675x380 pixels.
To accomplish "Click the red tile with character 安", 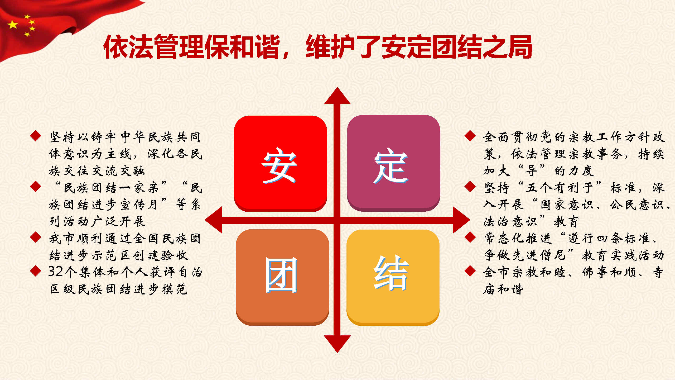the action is pyautogui.click(x=281, y=163).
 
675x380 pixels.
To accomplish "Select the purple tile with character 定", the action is pyautogui.click(x=394, y=163).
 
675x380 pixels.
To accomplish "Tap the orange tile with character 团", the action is pyautogui.click(x=282, y=277).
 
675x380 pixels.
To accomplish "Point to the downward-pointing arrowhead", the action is pyautogui.click(x=337, y=344).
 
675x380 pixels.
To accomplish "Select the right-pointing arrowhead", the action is pyautogui.click(x=461, y=220).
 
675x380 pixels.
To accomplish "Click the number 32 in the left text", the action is pyautogui.click(x=56, y=272).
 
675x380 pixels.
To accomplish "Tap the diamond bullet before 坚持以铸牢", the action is pyautogui.click(x=36, y=136).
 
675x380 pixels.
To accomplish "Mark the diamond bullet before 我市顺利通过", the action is pyautogui.click(x=36, y=237).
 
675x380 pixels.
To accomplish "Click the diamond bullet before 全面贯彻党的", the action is pyautogui.click(x=470, y=136).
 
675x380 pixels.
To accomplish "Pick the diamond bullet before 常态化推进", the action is pyautogui.click(x=470, y=237).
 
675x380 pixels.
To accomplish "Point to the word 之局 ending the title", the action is pyautogui.click(x=507, y=47).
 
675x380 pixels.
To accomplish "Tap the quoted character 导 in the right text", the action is pyautogui.click(x=531, y=170).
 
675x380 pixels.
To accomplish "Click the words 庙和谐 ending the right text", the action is pyautogui.click(x=503, y=289).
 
